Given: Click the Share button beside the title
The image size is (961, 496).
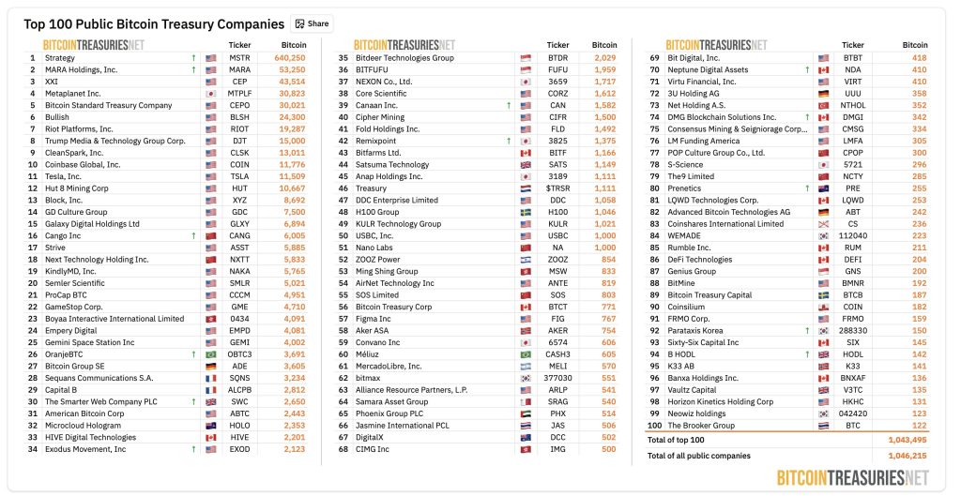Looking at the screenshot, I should click(313, 23).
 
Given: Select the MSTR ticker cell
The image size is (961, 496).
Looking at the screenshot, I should click(239, 57).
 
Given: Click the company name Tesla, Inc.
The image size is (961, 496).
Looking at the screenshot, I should click(64, 176).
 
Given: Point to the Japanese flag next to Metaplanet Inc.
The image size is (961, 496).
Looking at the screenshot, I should click(210, 93).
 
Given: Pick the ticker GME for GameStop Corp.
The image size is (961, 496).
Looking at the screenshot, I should click(239, 307).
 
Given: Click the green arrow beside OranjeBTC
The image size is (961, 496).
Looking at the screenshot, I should click(193, 354).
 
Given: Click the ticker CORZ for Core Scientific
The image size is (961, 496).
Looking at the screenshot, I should click(558, 93).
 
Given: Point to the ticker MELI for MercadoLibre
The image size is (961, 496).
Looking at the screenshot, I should click(558, 366).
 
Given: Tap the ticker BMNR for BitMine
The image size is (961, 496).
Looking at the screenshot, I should click(853, 283).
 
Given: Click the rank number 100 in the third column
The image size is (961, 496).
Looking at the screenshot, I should click(655, 426).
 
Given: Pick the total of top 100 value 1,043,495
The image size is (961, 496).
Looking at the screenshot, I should click(900, 440).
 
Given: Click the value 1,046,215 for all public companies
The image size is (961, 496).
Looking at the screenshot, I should click(900, 456).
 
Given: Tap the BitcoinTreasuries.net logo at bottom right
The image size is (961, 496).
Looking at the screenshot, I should click(853, 476).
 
